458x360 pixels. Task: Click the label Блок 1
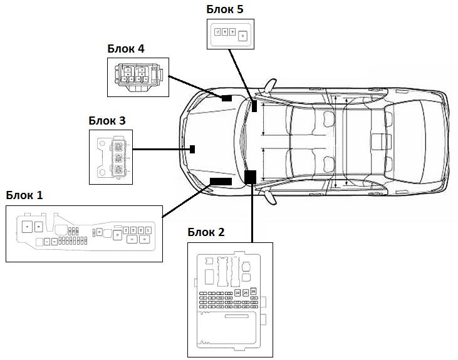pos(24,195)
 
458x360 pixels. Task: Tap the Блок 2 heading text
pos(206,232)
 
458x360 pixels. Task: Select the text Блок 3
pos(107,120)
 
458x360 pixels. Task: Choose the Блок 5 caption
pos(225,9)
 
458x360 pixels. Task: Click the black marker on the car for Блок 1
pos(220,180)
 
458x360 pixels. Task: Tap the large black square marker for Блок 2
pos(251,176)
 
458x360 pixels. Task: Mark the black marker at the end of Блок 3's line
pos(193,149)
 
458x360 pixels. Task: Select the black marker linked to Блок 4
pos(226,98)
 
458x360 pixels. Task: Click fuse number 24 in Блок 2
pos(238,293)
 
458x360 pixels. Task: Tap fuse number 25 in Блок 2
pos(246,293)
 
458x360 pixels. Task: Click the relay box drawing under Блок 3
pos(111,157)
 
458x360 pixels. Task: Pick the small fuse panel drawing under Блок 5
pos(231,33)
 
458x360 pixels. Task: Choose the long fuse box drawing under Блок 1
pos(85,233)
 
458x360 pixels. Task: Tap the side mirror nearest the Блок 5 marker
pos(271,86)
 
